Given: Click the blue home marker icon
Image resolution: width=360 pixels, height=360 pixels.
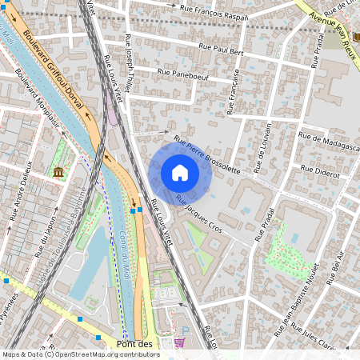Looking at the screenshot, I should click(x=180, y=173).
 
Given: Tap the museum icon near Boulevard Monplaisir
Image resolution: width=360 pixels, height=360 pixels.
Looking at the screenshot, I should click(x=58, y=171).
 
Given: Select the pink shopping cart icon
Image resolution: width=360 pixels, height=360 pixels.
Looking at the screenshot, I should click(x=179, y=342).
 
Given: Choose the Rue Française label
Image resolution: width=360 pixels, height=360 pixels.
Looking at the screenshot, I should click(x=234, y=90).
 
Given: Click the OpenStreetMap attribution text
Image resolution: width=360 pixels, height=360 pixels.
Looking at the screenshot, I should click(x=80, y=354).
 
